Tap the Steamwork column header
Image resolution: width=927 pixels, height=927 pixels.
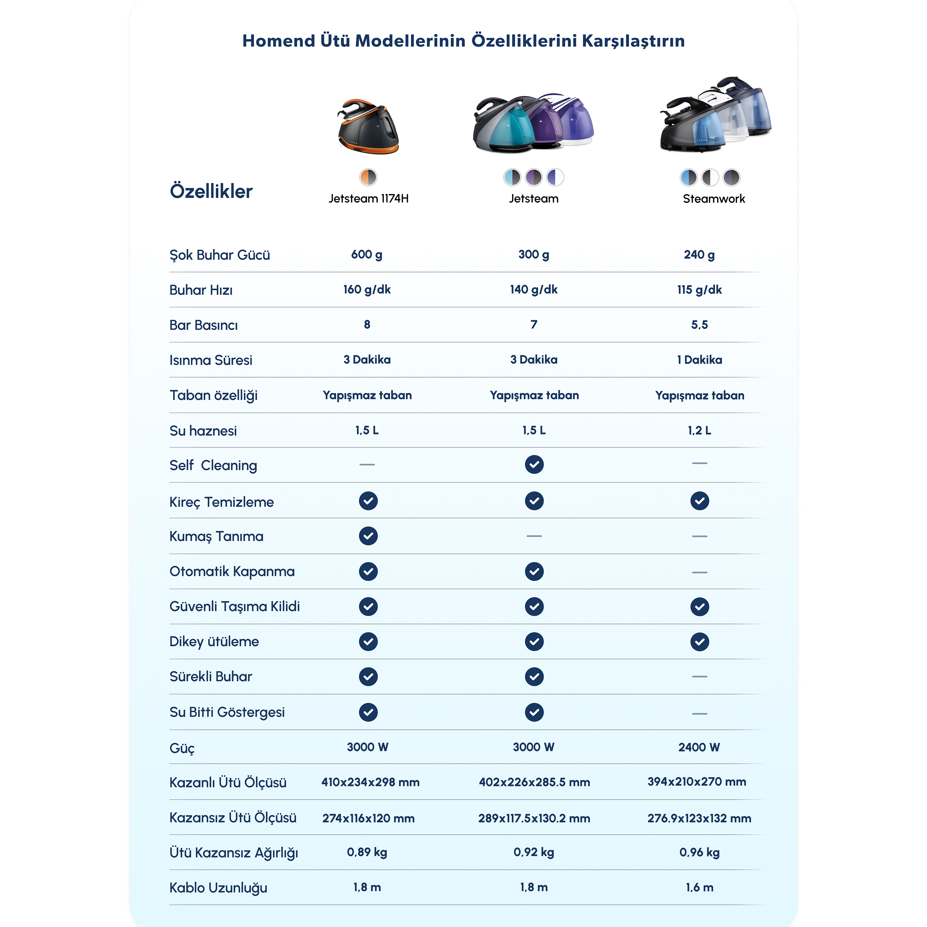(x=713, y=199)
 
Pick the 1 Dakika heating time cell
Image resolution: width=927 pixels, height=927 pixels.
(x=699, y=360)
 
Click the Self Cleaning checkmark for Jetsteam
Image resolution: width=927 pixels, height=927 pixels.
(x=534, y=464)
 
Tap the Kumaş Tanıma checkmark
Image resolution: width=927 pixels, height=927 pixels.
(x=368, y=536)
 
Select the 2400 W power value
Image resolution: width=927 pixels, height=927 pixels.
(x=699, y=747)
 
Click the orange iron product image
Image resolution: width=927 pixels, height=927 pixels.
(x=368, y=127)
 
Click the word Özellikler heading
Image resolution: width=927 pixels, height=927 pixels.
(x=211, y=191)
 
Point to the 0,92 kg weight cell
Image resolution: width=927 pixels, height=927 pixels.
(x=534, y=852)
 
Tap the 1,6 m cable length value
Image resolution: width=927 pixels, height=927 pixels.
(x=699, y=888)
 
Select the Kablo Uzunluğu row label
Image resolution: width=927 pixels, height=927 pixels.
(x=218, y=888)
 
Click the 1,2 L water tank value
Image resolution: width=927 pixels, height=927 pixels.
(x=699, y=430)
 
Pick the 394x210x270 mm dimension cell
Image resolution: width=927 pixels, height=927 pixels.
(x=697, y=782)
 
